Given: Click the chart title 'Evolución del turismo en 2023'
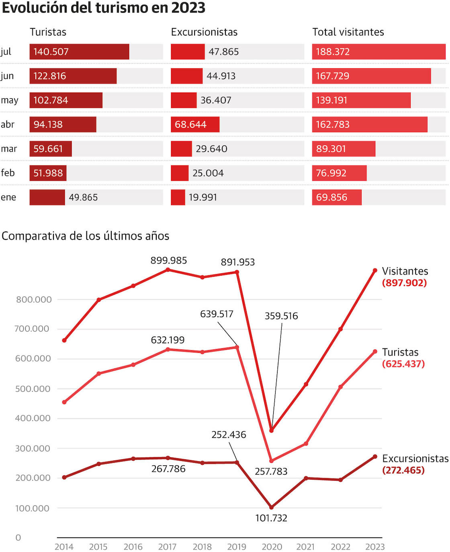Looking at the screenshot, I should coord(104,8).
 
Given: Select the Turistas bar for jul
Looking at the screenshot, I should coord(79,52).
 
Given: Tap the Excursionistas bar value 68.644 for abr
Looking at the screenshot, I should coord(190,125).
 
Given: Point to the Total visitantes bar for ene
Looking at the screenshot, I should coord(337,197).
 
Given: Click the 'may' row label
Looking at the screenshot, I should coord(10,100).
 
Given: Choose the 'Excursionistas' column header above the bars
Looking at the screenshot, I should coord(204,32).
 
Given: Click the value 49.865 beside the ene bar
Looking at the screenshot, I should coord(83,197).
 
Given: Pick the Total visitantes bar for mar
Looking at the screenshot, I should coord(344,149).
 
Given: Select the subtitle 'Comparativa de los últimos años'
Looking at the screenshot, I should coord(86,236).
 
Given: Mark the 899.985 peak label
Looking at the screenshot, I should coord(169,260).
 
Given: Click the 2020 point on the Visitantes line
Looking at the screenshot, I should coord(272,430).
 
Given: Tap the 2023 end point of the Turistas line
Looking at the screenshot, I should coord(375,352).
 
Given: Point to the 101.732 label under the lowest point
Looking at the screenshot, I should coord(271,518).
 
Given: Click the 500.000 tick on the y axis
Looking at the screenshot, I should coord(33,388).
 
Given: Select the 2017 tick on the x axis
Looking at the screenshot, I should coord(167,547).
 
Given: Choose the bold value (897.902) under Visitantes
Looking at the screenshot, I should coord(404,283).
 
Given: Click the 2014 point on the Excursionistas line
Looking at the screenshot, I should coord(64,477).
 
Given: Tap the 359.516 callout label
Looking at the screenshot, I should coord(281,316).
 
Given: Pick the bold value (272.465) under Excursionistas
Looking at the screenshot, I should coord(403,470).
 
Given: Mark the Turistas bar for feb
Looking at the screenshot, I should coord(48,173).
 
